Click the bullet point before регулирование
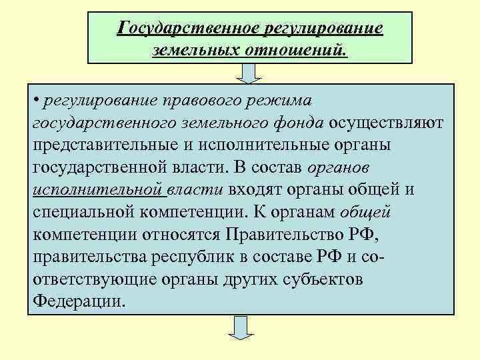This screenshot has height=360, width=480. [x=35, y=100]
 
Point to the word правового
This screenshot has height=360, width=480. [x=201, y=101]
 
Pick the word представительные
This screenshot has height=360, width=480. [x=101, y=145]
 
